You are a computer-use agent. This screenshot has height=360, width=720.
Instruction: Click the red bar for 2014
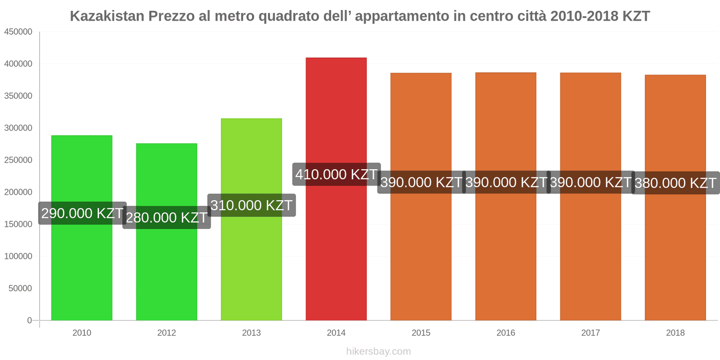click(336, 247)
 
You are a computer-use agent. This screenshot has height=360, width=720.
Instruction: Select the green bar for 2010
click(81, 270)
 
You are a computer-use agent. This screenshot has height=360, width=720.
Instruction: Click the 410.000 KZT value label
click(336, 174)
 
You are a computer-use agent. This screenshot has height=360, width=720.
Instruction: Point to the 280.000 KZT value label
click(166, 217)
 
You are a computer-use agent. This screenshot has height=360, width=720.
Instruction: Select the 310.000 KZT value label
click(252, 205)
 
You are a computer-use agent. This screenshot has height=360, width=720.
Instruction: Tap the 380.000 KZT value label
click(675, 183)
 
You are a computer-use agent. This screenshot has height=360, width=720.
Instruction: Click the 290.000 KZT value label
click(82, 213)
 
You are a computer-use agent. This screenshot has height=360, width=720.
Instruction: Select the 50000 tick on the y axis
click(20, 288)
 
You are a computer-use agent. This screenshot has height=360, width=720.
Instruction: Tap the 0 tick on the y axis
click(29, 320)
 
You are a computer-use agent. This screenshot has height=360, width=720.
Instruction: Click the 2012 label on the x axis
click(166, 333)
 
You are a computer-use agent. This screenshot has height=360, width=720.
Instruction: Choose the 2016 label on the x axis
click(505, 333)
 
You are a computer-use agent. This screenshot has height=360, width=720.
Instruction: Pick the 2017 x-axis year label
click(590, 333)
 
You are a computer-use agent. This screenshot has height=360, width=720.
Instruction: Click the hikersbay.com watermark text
click(378, 351)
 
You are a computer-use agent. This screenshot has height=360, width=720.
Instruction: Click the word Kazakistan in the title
click(107, 16)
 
